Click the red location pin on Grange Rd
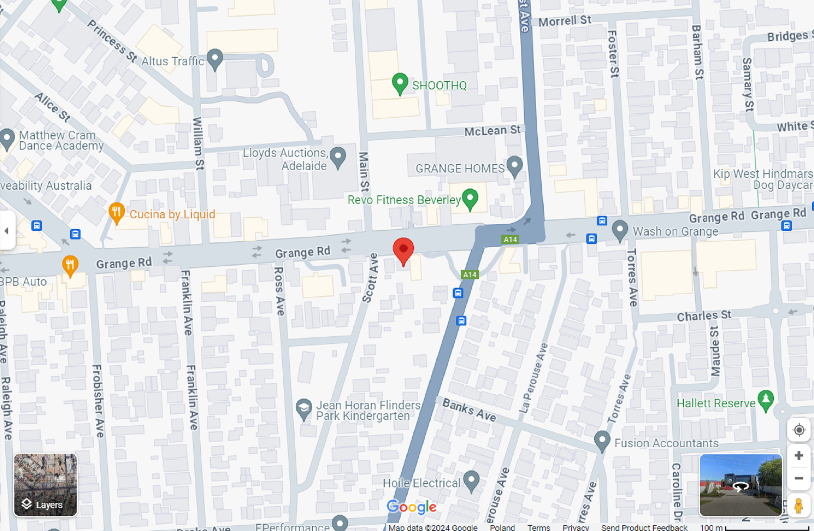pyautogui.click(x=403, y=250)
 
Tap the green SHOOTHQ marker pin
pyautogui.click(x=400, y=83)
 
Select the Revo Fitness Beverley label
pyautogui.click(x=404, y=200)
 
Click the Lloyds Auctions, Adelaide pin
pyautogui.click(x=338, y=157)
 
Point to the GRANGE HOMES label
pyautogui.click(x=460, y=169)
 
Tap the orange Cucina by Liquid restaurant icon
pyautogui.click(x=116, y=212)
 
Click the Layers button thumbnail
pyautogui.click(x=45, y=485)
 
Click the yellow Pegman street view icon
pyautogui.click(x=798, y=506)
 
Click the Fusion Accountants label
pyautogui.click(x=666, y=443)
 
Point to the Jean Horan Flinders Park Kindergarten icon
pyautogui.click(x=304, y=409)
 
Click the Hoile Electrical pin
pyautogui.click(x=471, y=481)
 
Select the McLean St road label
pyautogui.click(x=492, y=131)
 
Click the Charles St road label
pyautogui.click(x=704, y=316)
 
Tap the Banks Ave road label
pyautogui.click(x=469, y=410)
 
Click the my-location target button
pyautogui.click(x=799, y=430)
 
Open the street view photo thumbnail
pyautogui.click(x=740, y=485)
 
